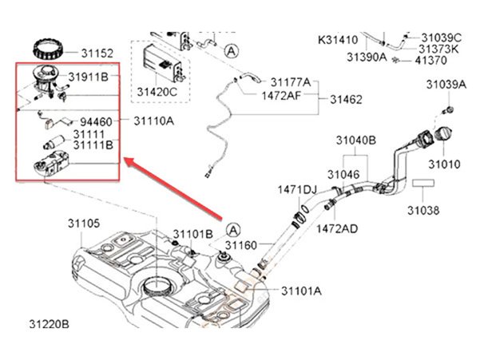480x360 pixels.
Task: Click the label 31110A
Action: point(153,122)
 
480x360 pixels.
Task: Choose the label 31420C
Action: point(157,91)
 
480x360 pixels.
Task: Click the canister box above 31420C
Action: point(157,59)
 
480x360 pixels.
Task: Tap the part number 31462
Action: point(346,101)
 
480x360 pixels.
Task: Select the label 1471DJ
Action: point(297,190)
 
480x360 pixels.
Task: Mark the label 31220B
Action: point(49,325)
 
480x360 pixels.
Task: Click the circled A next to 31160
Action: point(232,229)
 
